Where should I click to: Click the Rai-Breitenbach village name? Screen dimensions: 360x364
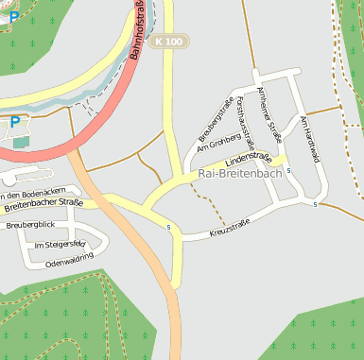(240, 175)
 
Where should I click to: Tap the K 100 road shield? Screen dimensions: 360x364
(170, 42)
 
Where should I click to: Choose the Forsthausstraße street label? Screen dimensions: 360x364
(248, 124)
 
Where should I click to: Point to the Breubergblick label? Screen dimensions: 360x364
(30, 225)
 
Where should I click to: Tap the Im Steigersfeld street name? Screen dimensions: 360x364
(59, 245)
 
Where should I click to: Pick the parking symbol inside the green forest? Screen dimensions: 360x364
(12, 16)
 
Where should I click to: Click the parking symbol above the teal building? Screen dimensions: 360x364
(15, 122)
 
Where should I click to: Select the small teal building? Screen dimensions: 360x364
(21, 142)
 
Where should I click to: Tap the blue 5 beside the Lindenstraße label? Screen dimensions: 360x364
(288, 170)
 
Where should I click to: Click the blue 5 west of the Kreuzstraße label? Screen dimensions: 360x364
(168, 228)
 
